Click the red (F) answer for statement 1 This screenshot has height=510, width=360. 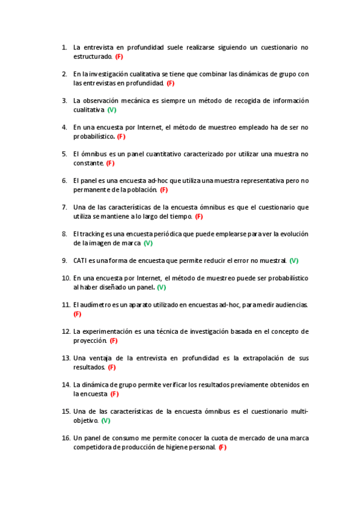[x=119, y=57]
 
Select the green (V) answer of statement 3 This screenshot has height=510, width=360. [x=112, y=110]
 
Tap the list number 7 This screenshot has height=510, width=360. [x=64, y=207]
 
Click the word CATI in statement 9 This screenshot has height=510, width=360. [x=81, y=260]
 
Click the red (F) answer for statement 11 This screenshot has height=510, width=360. [x=77, y=314]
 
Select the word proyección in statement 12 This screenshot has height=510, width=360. [x=90, y=340]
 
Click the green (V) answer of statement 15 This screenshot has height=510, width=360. [x=106, y=420]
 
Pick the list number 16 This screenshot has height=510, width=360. [x=66, y=438]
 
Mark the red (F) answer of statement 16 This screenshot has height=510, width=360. [x=222, y=447]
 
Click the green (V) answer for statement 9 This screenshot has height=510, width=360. [x=294, y=260]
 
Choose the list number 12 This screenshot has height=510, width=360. [x=66, y=331]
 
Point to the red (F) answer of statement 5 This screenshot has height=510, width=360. [x=110, y=163]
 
